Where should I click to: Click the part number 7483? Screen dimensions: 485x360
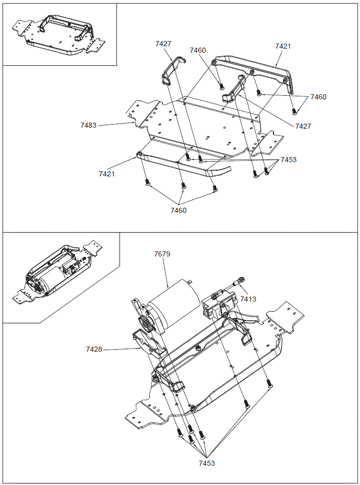coord(88,125)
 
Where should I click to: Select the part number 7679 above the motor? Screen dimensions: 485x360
coord(162,254)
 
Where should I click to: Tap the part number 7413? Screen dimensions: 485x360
coord(248,299)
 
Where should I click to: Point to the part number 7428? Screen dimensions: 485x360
coord(94,349)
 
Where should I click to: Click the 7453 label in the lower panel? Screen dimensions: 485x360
coord(206,463)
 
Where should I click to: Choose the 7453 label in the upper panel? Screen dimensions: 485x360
coord(288,160)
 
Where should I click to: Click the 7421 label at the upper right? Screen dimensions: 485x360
coord(283,46)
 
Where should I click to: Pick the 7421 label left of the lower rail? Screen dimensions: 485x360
coord(107,174)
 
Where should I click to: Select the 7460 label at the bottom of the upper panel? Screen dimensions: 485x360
coord(178,210)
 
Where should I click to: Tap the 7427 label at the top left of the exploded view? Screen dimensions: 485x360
coord(163,44)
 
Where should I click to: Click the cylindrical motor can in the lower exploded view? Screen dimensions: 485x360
coord(175,307)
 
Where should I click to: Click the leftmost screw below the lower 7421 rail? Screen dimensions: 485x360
coord(147,182)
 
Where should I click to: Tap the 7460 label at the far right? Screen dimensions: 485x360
coord(318,97)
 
